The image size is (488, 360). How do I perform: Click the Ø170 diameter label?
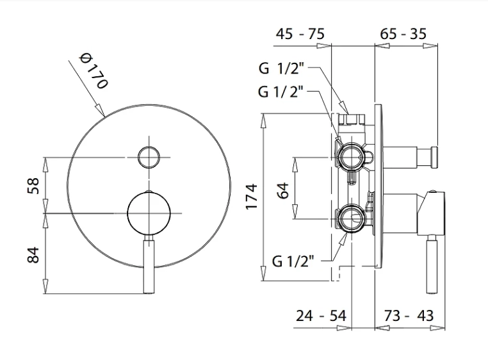[x=93, y=71]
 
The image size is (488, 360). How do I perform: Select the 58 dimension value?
[x=34, y=185]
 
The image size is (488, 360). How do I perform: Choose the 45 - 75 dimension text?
[x=300, y=34]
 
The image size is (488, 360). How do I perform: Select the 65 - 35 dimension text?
[x=403, y=34]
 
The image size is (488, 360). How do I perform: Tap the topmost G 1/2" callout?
[x=284, y=68]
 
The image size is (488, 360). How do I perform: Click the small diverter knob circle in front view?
[x=149, y=156]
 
